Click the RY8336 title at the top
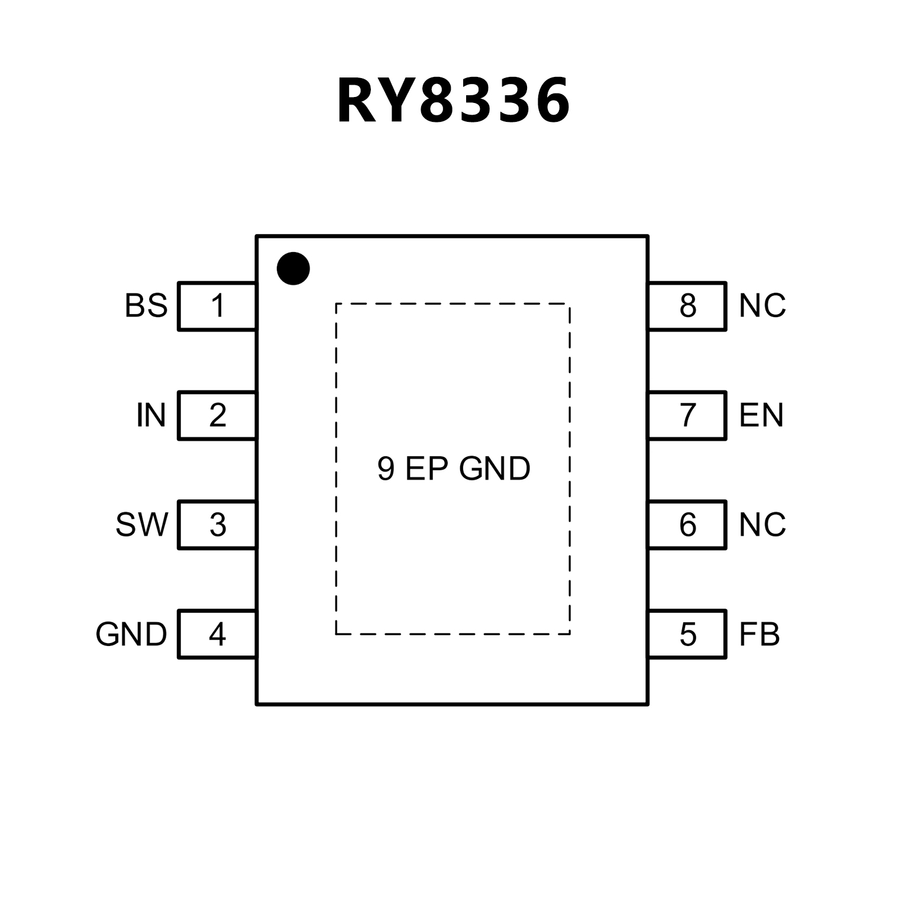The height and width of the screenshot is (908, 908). click(454, 101)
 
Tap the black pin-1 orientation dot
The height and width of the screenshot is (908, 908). click(293, 269)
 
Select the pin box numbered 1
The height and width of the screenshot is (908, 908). click(217, 306)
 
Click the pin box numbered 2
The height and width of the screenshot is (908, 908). click(217, 415)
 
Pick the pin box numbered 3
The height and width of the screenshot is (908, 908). click(217, 525)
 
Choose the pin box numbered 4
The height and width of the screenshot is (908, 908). click(217, 634)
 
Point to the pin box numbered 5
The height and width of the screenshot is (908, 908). click(687, 634)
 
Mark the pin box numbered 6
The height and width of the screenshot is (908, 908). click(687, 525)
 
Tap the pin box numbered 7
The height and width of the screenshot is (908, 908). click(687, 415)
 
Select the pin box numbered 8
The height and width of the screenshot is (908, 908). click(687, 306)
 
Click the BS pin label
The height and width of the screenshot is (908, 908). click(146, 306)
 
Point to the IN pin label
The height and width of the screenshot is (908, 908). click(151, 415)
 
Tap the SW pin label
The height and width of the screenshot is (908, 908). click(142, 525)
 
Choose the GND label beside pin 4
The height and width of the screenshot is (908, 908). click(131, 635)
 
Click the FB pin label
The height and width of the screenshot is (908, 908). click(760, 634)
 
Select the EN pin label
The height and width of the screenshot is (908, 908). click(761, 415)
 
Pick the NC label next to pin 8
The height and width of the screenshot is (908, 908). click(762, 306)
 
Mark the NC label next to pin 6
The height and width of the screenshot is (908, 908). click(762, 525)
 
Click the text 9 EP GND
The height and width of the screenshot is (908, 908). click(454, 469)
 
